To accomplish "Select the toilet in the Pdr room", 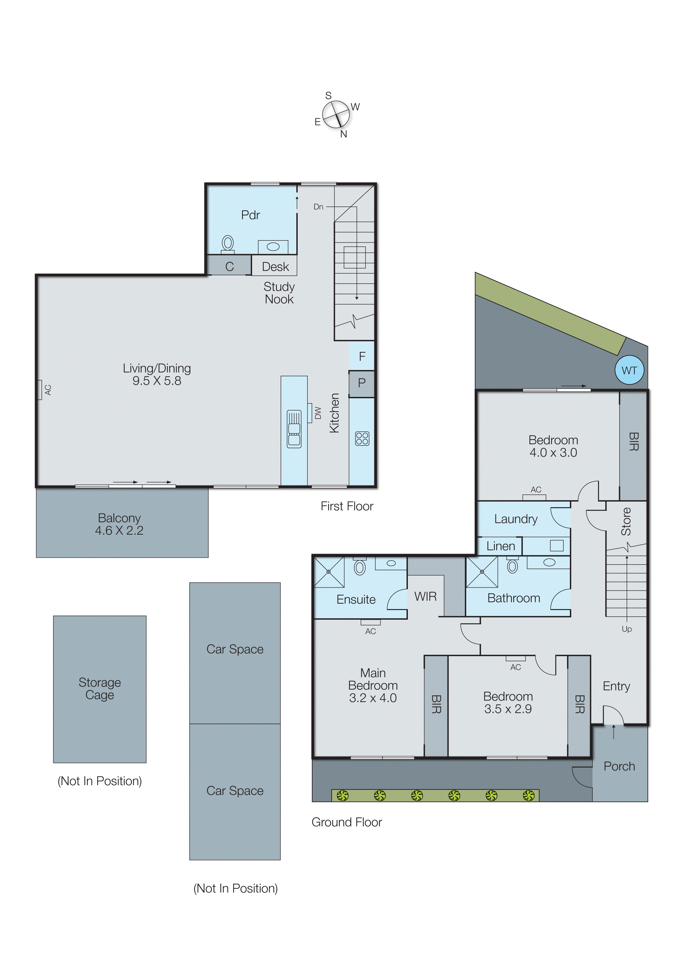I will pos(228,244).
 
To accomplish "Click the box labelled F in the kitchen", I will pos(362,356).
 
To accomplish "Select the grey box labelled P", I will pos(361,383).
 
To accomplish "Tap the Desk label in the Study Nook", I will pos(275,267).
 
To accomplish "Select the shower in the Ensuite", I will pos(329,572).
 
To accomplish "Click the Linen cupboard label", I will pos(500,546).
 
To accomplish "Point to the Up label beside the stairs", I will pos(627,629).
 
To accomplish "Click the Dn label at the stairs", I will pos(318,207).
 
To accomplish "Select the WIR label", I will pos(426,597).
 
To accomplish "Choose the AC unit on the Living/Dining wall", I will pos(40,390).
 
